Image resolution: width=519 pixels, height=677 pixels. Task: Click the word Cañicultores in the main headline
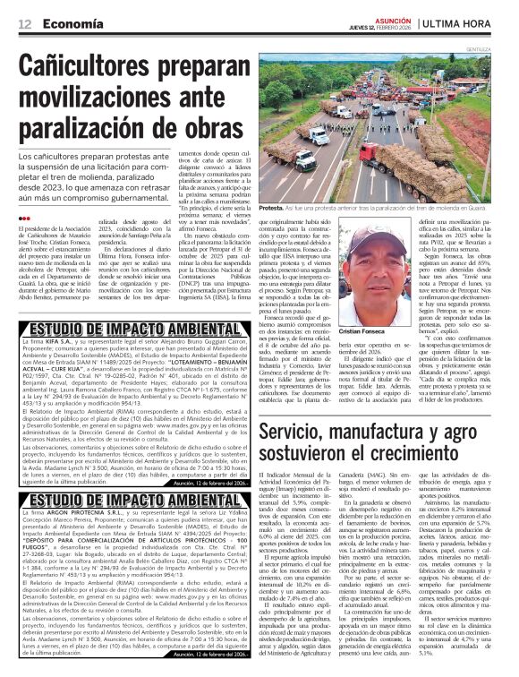pos(93,70)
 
